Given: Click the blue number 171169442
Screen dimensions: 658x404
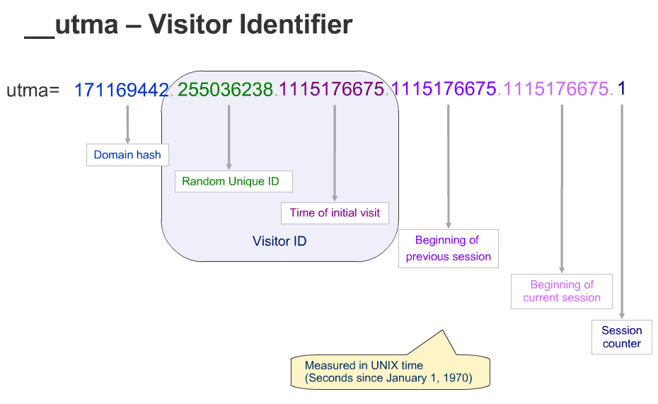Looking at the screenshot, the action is [x=121, y=90].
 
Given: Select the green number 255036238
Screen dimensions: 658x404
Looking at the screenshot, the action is [x=225, y=89].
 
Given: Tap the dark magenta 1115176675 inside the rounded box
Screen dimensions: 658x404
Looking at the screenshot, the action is [x=332, y=89].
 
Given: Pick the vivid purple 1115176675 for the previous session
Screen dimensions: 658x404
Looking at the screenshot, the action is [x=444, y=88].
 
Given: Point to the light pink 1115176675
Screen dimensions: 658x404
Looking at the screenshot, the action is [x=556, y=88].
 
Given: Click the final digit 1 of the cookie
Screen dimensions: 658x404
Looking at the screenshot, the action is [x=621, y=88].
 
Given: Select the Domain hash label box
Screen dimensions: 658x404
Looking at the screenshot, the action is [x=127, y=155].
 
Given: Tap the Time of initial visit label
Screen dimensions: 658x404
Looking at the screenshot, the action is [x=335, y=213].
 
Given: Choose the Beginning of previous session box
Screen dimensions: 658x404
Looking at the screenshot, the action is [x=448, y=248].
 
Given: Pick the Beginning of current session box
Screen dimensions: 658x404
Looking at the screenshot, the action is [x=562, y=291].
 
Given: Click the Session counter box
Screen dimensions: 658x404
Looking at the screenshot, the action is [x=621, y=337].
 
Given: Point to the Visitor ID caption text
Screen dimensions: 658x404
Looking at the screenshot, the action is [x=279, y=241].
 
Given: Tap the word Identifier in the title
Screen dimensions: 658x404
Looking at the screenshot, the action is [x=296, y=24].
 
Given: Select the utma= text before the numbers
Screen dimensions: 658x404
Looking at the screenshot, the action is [x=33, y=90].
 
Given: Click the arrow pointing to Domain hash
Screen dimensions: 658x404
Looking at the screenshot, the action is [x=127, y=125].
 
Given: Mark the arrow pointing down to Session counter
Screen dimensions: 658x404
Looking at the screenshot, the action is [x=622, y=212].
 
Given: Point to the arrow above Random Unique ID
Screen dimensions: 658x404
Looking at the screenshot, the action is [x=229, y=137].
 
